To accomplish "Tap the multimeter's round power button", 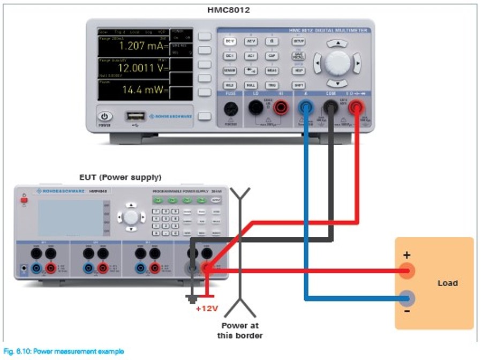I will [x=105, y=116].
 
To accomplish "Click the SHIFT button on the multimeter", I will [x=298, y=85].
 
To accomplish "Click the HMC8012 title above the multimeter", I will [x=228, y=10].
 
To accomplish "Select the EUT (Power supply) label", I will [x=120, y=177].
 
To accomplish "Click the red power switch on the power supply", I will [x=23, y=200].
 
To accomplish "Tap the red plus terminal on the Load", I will [x=408, y=271].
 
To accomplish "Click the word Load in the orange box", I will [x=447, y=283].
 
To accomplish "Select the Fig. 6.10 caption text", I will [x=63, y=351].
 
